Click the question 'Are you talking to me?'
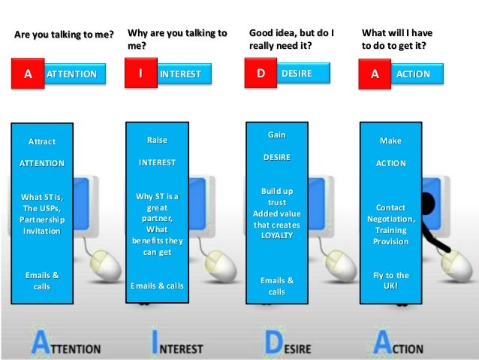(63, 34)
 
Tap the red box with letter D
(261, 74)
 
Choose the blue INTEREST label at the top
(180, 74)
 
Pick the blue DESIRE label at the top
(296, 74)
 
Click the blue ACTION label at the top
(412, 74)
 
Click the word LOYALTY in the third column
(276, 235)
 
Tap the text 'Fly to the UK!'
(390, 281)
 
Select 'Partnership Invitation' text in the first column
(43, 225)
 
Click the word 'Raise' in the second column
(157, 140)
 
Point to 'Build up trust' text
(276, 197)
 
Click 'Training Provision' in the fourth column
(390, 236)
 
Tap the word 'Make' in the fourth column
(390, 141)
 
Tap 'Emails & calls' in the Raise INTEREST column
(157, 286)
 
